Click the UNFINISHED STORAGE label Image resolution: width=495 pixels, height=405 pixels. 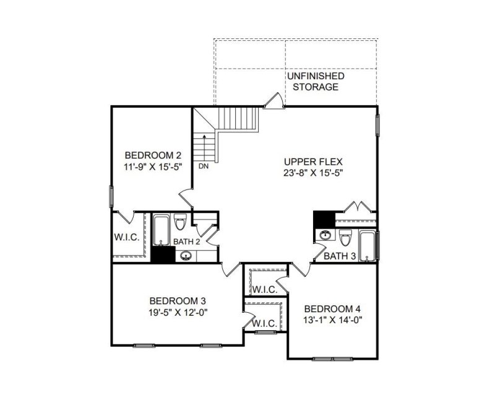tap(315, 81)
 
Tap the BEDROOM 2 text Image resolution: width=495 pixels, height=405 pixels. tap(153, 155)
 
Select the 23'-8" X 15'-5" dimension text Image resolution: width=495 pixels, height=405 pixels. tap(309, 173)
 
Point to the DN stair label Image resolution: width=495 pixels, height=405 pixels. tap(204, 166)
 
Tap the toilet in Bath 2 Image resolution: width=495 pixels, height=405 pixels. tap(181, 222)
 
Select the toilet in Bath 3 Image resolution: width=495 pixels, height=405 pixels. tap(345, 237)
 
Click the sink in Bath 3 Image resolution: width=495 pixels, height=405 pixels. tap(325, 235)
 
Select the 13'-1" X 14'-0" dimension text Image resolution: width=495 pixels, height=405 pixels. tap(332, 320)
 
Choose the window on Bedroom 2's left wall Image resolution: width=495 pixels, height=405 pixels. tap(112, 197)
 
